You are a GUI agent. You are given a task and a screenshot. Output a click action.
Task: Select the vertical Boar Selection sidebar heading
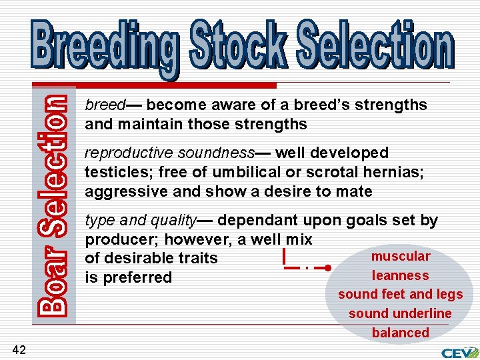click(x=52, y=204)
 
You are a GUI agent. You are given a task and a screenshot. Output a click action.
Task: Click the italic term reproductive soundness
click(x=169, y=153)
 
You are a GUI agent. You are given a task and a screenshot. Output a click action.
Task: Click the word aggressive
click(x=121, y=192)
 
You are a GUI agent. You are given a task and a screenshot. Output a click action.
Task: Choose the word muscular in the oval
click(x=401, y=257)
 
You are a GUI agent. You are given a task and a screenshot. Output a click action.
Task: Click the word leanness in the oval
click(x=401, y=275)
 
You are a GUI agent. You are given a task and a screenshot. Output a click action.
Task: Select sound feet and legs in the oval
click(x=401, y=295)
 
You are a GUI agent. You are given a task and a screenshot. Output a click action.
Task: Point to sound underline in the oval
click(x=400, y=313)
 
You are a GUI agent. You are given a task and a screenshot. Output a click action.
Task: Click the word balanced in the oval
click(x=401, y=333)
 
